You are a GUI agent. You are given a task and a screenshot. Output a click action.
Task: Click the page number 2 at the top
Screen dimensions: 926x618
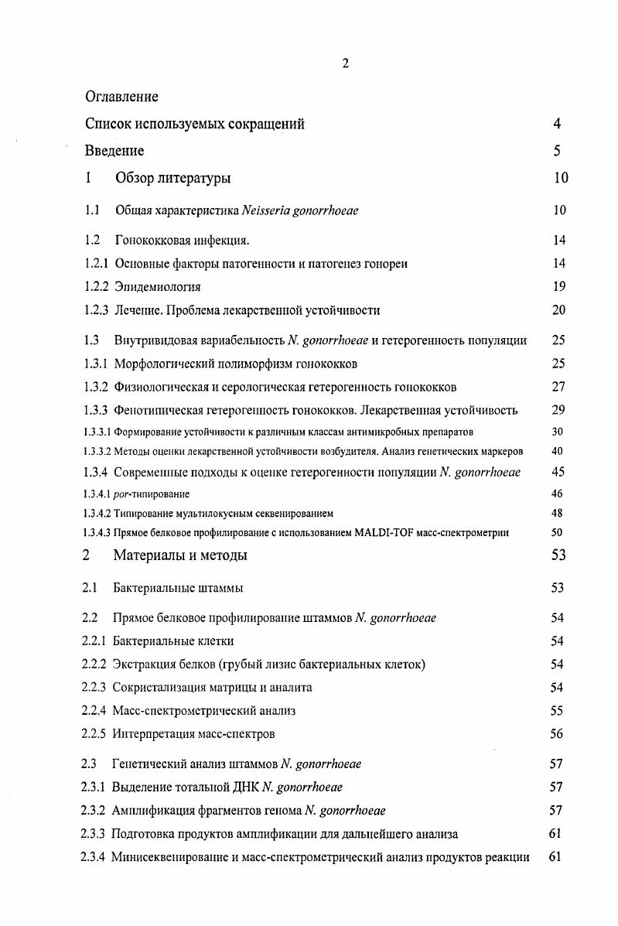[345, 63]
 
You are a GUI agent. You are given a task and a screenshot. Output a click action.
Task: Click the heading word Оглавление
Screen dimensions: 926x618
[121, 97]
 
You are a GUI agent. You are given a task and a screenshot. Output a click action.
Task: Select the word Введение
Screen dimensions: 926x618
[114, 151]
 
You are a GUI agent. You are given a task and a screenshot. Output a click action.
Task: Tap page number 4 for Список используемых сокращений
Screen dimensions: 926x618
[557, 124]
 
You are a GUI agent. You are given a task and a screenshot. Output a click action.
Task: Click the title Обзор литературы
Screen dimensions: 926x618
[172, 179]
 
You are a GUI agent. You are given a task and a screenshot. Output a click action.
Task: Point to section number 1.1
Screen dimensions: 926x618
[92, 210]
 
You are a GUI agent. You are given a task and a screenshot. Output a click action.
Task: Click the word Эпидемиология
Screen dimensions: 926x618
[158, 287]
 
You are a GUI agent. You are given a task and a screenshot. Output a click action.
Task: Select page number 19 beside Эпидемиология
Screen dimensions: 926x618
[559, 287]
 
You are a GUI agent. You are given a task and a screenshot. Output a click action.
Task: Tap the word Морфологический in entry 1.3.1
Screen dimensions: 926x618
[165, 364]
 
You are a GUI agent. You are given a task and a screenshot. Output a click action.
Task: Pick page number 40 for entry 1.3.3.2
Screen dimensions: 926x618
[557, 451]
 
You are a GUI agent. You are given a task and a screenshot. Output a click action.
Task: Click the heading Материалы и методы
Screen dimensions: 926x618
[180, 555]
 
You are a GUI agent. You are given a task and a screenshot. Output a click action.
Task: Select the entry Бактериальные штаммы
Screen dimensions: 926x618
[178, 588]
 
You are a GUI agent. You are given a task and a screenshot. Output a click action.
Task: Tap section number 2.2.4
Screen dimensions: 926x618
[94, 710]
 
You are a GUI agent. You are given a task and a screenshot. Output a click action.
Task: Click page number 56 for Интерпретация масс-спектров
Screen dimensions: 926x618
[557, 733]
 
